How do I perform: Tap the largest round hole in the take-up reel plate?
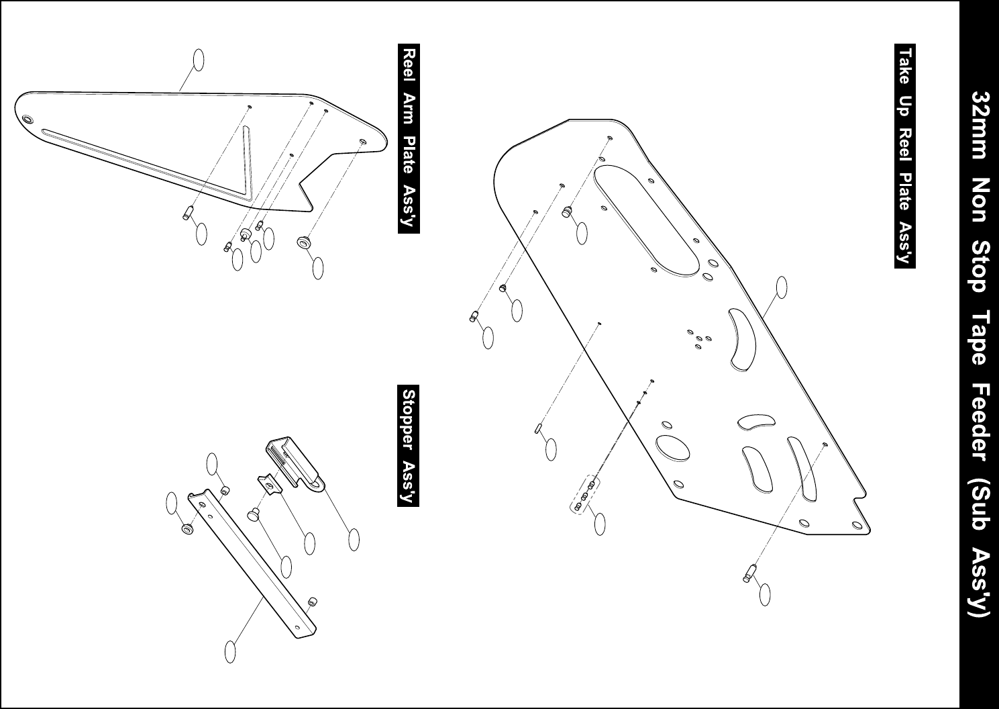click(x=672, y=448)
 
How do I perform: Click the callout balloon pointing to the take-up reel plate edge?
click(x=782, y=287)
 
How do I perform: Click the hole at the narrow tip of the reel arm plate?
click(x=28, y=120)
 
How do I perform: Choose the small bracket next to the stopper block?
click(x=268, y=485)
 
